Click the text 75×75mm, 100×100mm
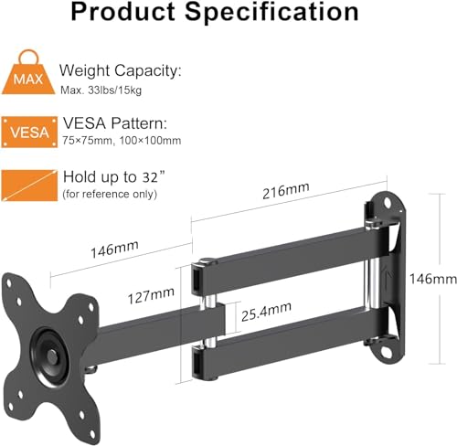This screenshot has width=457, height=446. [122, 140]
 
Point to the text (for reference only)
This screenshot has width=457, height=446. [109, 194]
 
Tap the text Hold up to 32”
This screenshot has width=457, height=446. [109, 175]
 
